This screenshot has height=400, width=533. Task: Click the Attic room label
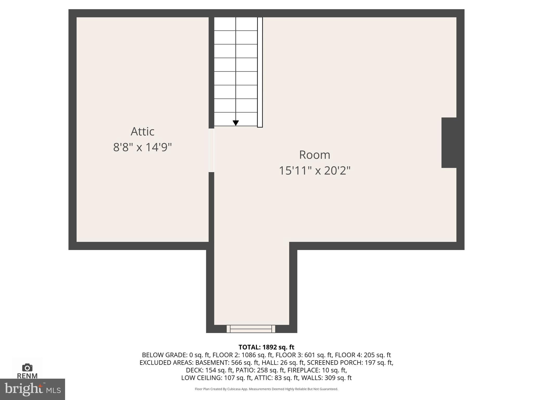point(142,132)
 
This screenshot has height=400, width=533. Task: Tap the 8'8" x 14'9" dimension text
point(142,147)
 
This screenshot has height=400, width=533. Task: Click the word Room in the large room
point(314,155)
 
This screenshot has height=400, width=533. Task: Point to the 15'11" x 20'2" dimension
point(314,171)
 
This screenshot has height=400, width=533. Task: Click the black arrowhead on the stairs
point(236,123)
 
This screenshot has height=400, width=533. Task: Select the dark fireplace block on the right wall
point(449,143)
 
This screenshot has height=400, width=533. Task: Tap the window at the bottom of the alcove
point(251,329)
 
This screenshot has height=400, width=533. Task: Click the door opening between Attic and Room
point(211,150)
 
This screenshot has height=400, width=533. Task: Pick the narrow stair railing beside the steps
point(260,72)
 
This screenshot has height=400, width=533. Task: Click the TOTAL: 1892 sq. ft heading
point(266,347)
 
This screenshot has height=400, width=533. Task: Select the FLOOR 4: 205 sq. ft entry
point(363,355)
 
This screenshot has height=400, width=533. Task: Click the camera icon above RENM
point(27,368)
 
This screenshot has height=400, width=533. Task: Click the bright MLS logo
point(32,389)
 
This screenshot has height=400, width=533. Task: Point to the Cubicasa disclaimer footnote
point(266,389)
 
